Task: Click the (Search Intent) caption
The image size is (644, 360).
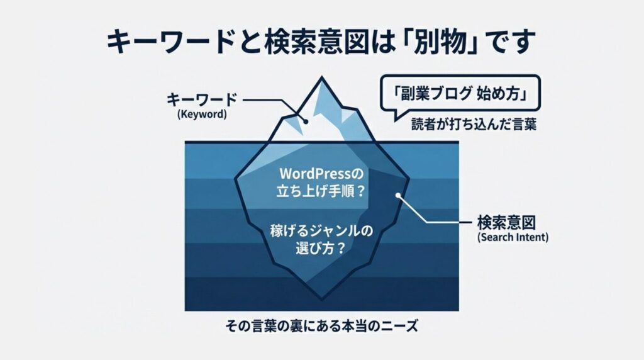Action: tap(513, 238)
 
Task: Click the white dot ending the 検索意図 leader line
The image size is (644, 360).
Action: tap(398, 196)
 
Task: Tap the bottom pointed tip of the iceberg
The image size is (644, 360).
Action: tap(323, 296)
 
